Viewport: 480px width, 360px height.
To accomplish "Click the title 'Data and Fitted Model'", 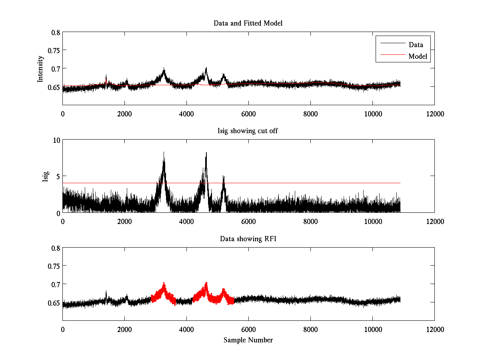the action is pos(248,23).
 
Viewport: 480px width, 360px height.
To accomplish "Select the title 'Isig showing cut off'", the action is pos(248,131).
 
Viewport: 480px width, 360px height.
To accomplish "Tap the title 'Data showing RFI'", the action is pos(248,238).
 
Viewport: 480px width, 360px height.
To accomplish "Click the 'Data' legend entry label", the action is pos(416,45).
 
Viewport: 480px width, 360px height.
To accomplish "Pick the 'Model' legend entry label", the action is pos(418,56).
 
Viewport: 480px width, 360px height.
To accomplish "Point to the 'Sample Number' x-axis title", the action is pos(248,340).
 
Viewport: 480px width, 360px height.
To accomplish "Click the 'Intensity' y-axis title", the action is pos(40,69).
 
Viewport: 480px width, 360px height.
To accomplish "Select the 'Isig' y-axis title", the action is pos(45,177).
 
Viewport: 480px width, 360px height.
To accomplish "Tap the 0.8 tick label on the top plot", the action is pos(56,32).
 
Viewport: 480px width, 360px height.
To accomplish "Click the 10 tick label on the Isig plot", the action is pos(56,140).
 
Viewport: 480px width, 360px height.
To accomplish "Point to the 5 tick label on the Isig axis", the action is pos(58,176).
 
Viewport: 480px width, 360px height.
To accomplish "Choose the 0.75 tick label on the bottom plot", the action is pos(54,266).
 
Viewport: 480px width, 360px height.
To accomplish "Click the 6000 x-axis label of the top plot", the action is pos(248,114).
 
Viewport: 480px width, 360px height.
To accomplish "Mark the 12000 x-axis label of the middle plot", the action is pos(435,222).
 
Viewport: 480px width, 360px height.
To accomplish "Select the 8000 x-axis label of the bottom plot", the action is pos(310,329).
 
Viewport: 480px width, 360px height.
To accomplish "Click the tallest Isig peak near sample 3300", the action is pos(164,152).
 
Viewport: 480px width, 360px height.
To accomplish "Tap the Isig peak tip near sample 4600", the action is pos(206,152).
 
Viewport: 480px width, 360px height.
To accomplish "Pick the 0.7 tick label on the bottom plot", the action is pos(56,284).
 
